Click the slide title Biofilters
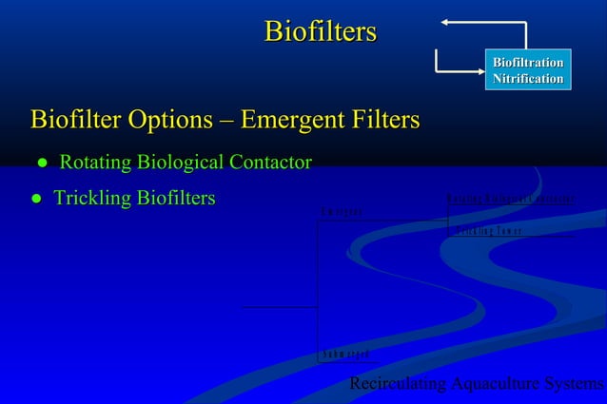320,31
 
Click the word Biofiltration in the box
527,62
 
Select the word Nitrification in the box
527,79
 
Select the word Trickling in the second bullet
91,199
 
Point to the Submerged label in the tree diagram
344,355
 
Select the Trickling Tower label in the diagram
486,231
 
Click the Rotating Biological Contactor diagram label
510,199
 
